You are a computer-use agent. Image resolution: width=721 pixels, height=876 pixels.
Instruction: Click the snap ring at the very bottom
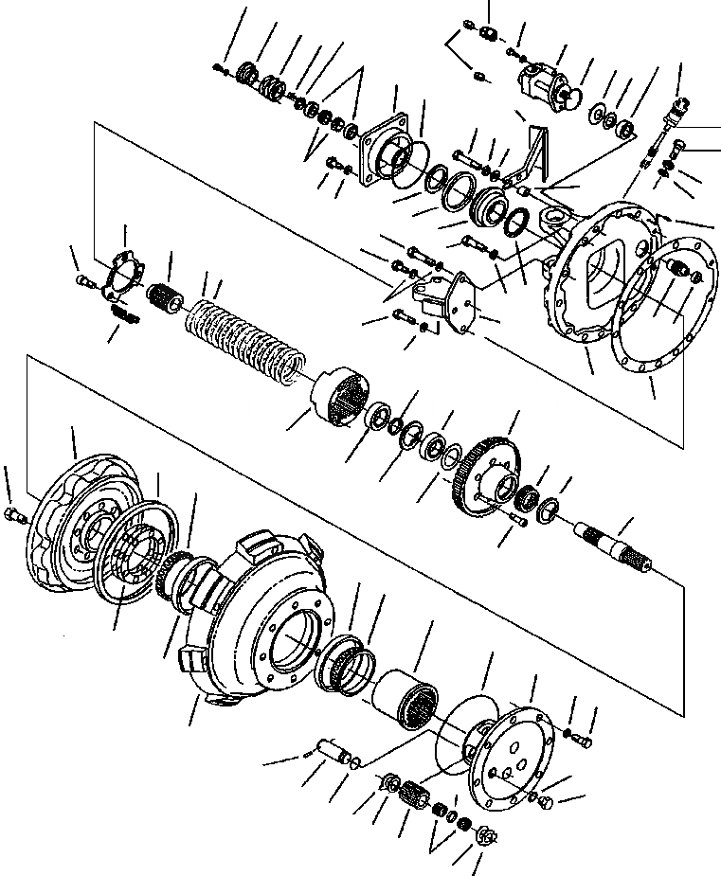click(485, 835)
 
